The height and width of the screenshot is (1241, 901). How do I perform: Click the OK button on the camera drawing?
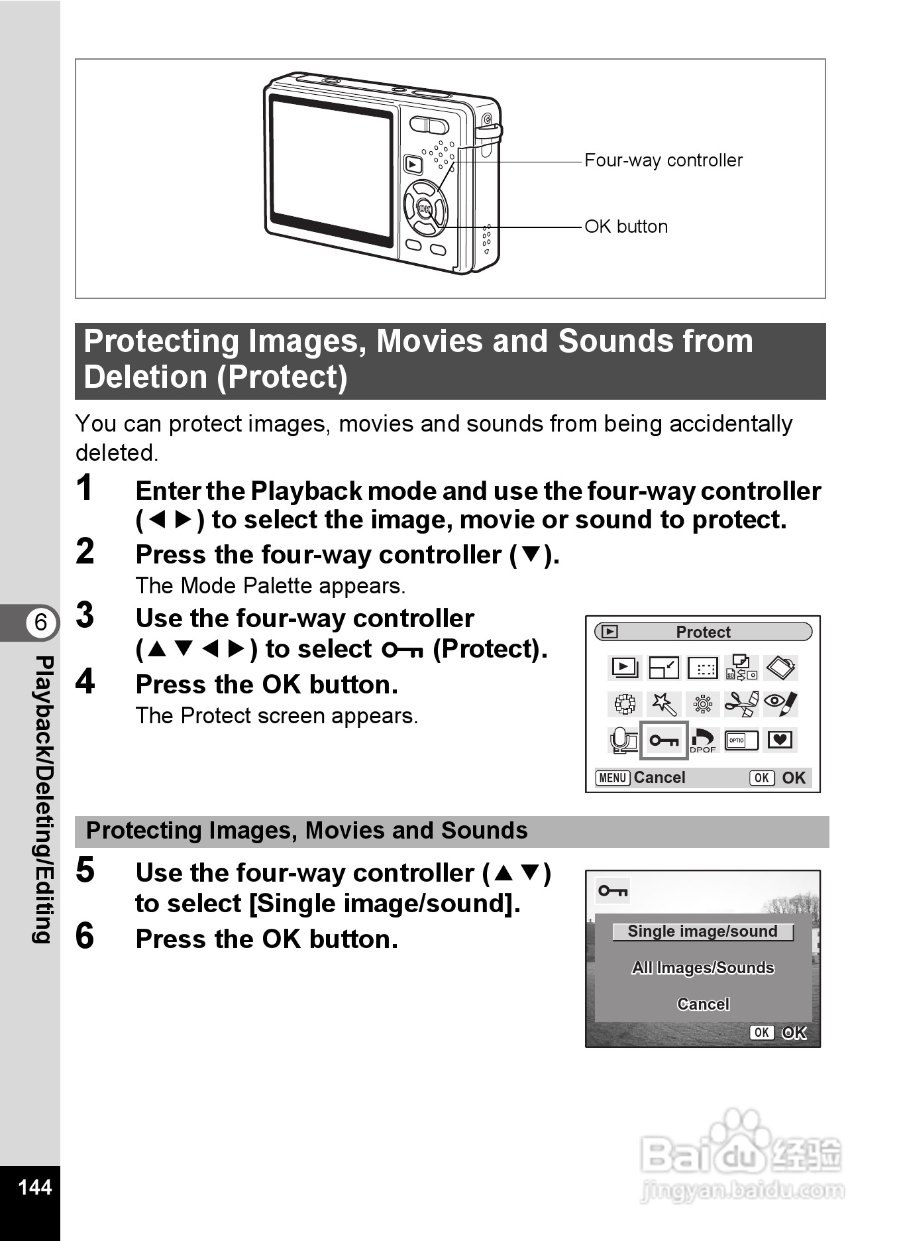(425, 209)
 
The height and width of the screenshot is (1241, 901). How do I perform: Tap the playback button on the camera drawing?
(413, 164)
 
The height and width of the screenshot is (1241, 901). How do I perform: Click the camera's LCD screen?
(331, 170)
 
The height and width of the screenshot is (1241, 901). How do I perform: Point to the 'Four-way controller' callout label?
(663, 160)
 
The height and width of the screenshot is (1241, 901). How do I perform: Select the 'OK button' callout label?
(626, 227)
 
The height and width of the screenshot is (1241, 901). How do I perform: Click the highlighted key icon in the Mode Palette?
(663, 740)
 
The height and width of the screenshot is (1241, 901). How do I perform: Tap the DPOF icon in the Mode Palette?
(703, 740)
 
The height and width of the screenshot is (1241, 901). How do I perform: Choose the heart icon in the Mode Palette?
(780, 739)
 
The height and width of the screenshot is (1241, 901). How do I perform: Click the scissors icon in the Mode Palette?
(741, 704)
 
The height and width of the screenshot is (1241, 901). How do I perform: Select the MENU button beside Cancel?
(612, 778)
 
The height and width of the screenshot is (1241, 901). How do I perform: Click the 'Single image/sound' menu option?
(702, 931)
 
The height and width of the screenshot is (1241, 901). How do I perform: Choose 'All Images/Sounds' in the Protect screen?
(702, 968)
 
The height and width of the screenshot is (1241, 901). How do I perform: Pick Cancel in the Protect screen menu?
(702, 1004)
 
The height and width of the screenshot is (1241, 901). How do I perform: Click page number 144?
(34, 1187)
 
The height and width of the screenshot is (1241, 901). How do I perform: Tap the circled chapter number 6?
(41, 622)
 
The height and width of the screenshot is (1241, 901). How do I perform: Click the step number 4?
(85, 681)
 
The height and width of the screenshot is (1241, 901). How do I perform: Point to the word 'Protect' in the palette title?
(703, 632)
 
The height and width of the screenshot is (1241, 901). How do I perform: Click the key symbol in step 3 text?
(402, 650)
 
